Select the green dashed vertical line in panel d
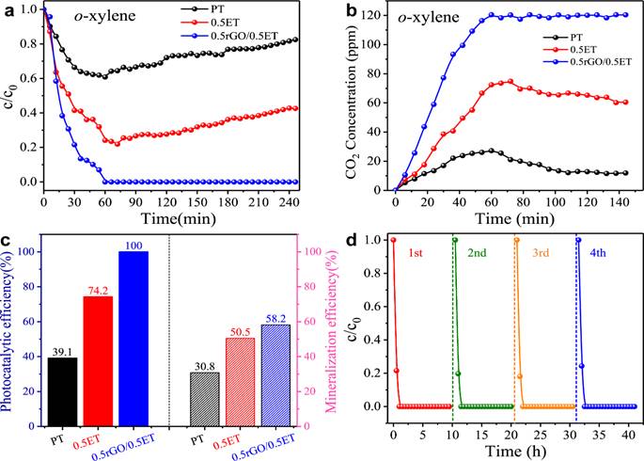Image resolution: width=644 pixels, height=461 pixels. pos(453,339)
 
